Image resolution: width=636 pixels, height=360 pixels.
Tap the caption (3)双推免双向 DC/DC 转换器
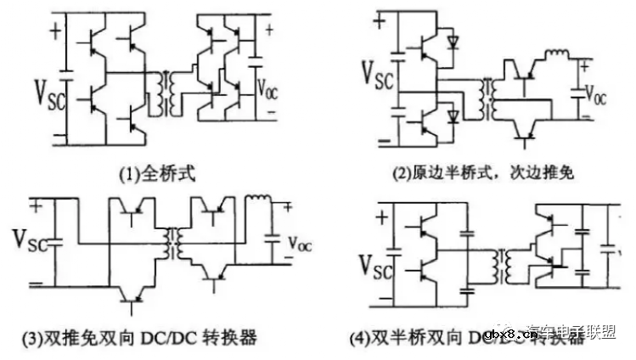(141, 339)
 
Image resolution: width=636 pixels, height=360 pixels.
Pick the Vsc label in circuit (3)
(31, 239)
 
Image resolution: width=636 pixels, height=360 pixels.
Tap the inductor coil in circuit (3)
(257, 203)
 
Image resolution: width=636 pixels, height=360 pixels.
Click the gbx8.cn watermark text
(509, 335)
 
